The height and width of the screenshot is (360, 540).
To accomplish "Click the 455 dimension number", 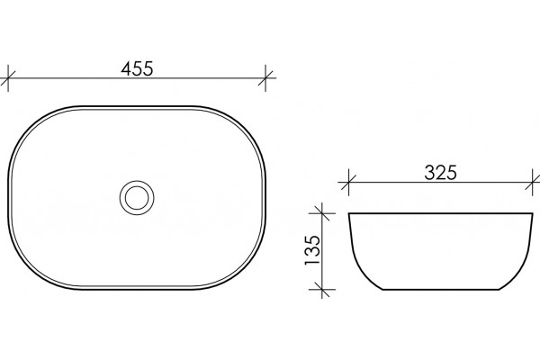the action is [137, 68].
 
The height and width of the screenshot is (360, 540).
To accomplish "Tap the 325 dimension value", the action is [440, 173].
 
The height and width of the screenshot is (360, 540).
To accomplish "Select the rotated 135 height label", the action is [312, 250].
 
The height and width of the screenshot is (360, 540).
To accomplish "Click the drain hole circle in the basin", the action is [137, 198].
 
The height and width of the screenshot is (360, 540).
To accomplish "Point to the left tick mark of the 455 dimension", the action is [8, 78].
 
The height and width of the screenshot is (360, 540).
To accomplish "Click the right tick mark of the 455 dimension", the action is [265, 78].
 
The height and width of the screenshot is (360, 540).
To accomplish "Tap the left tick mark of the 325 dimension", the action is [348, 183].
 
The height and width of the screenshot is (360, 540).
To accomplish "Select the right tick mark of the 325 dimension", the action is [533, 183].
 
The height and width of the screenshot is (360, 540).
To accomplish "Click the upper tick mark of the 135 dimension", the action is [321, 213].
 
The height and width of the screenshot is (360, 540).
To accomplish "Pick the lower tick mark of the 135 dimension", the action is [321, 290].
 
